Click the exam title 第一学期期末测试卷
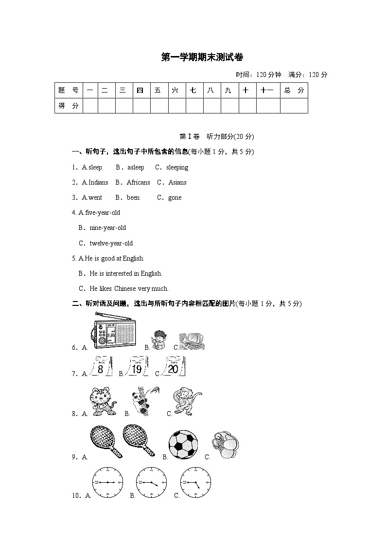tap(202, 57)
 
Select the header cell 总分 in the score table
tap(294, 91)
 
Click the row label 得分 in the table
tap(69, 106)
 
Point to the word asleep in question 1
tap(136, 168)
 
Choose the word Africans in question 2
tap(138, 183)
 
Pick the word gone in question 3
tap(175, 198)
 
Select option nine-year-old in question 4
tap(107, 228)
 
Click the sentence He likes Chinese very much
tap(129, 289)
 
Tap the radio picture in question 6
tap(113, 330)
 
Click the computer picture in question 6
tap(191, 340)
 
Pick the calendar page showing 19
tap(137, 367)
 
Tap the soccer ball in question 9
tap(183, 445)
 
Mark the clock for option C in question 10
tap(195, 482)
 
